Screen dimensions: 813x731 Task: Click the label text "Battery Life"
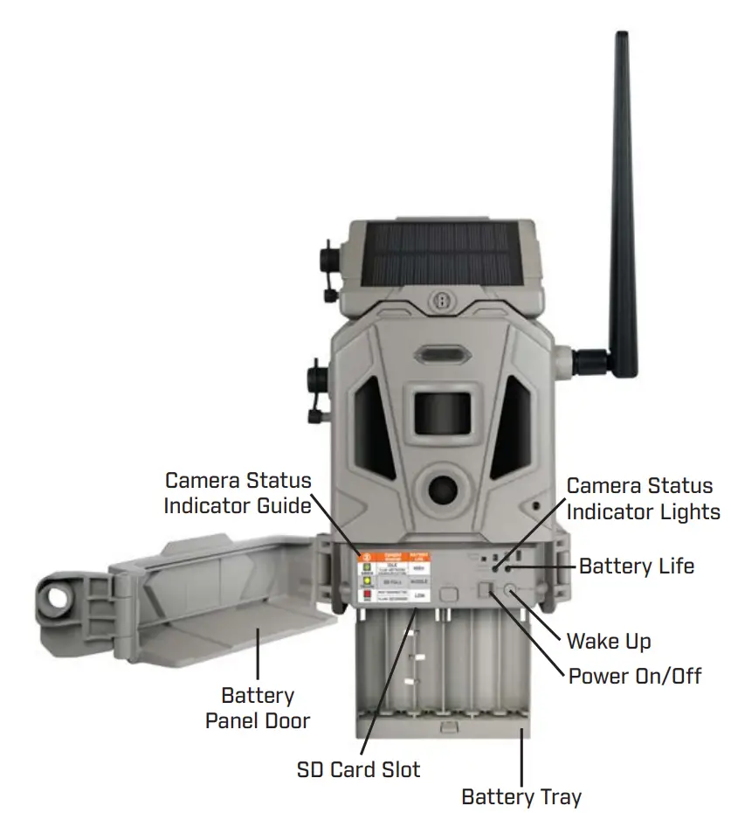click(637, 566)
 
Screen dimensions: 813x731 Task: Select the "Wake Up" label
click(609, 641)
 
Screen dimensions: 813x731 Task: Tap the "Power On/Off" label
click(635, 676)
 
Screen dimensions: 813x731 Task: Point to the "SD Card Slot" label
click(358, 769)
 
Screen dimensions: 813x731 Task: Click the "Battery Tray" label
click(521, 796)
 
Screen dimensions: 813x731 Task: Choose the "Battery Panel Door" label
click(258, 708)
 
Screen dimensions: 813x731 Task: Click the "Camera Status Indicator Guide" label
click(238, 492)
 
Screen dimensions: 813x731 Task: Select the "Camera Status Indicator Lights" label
click(643, 498)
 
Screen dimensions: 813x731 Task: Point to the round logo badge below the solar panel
click(442, 298)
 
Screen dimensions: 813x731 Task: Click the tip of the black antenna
click(622, 37)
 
